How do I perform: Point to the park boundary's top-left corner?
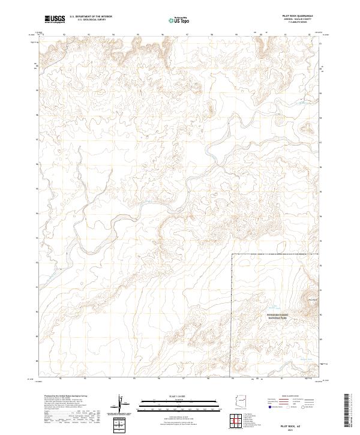pyautogui.click(x=232, y=254)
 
